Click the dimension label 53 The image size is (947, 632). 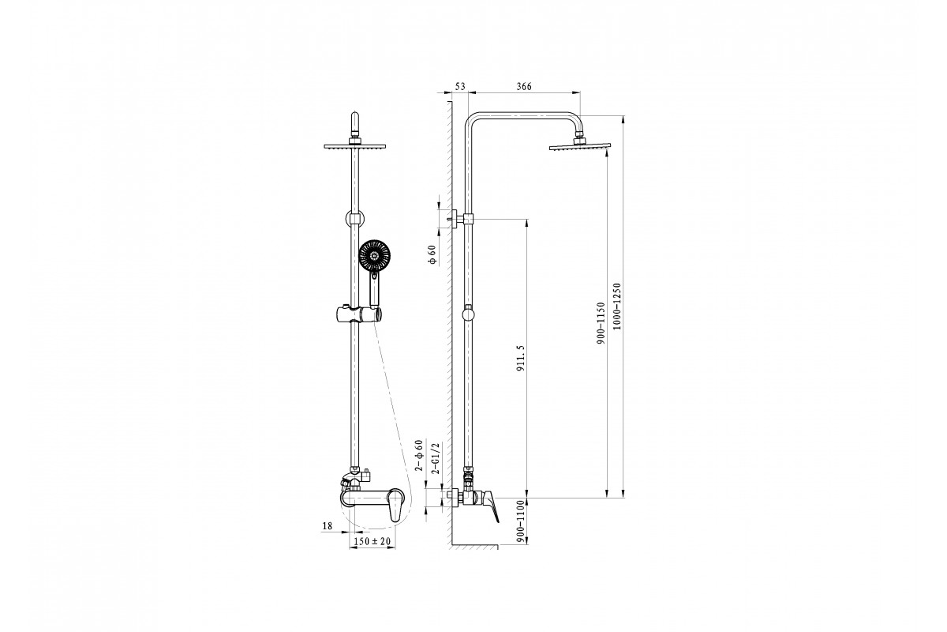(x=460, y=86)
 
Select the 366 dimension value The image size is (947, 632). (x=524, y=86)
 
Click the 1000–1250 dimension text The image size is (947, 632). (x=617, y=307)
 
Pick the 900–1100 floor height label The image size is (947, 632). (x=520, y=521)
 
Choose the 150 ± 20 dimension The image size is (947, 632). (x=372, y=541)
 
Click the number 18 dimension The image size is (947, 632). (x=328, y=526)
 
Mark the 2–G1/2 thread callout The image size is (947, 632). (x=436, y=458)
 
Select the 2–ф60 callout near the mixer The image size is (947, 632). (x=419, y=456)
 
